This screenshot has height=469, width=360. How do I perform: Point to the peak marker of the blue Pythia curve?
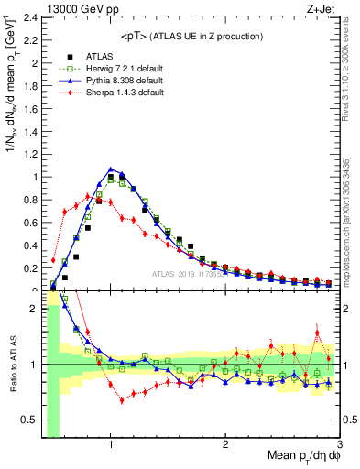point(111,169)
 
